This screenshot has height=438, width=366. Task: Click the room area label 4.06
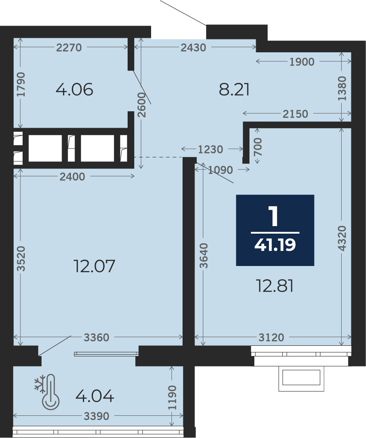click(74, 90)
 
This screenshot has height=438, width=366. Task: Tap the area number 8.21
click(234, 90)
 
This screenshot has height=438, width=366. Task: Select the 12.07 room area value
click(94, 266)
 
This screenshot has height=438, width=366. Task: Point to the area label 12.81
click(275, 286)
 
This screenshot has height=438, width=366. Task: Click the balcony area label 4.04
click(95, 396)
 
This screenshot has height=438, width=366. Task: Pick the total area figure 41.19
click(275, 245)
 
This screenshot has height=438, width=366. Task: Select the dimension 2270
click(69, 47)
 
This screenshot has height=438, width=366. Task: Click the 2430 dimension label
click(193, 47)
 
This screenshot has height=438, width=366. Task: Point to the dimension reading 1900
click(302, 62)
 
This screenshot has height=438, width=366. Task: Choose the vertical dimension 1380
click(342, 89)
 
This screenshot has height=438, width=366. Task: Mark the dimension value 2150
click(295, 114)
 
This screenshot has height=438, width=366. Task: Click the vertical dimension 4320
click(342, 239)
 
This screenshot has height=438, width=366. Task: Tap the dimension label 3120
click(271, 338)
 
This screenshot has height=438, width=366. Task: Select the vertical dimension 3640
click(203, 256)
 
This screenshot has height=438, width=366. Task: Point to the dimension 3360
click(97, 338)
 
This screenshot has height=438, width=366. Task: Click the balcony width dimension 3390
click(96, 417)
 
